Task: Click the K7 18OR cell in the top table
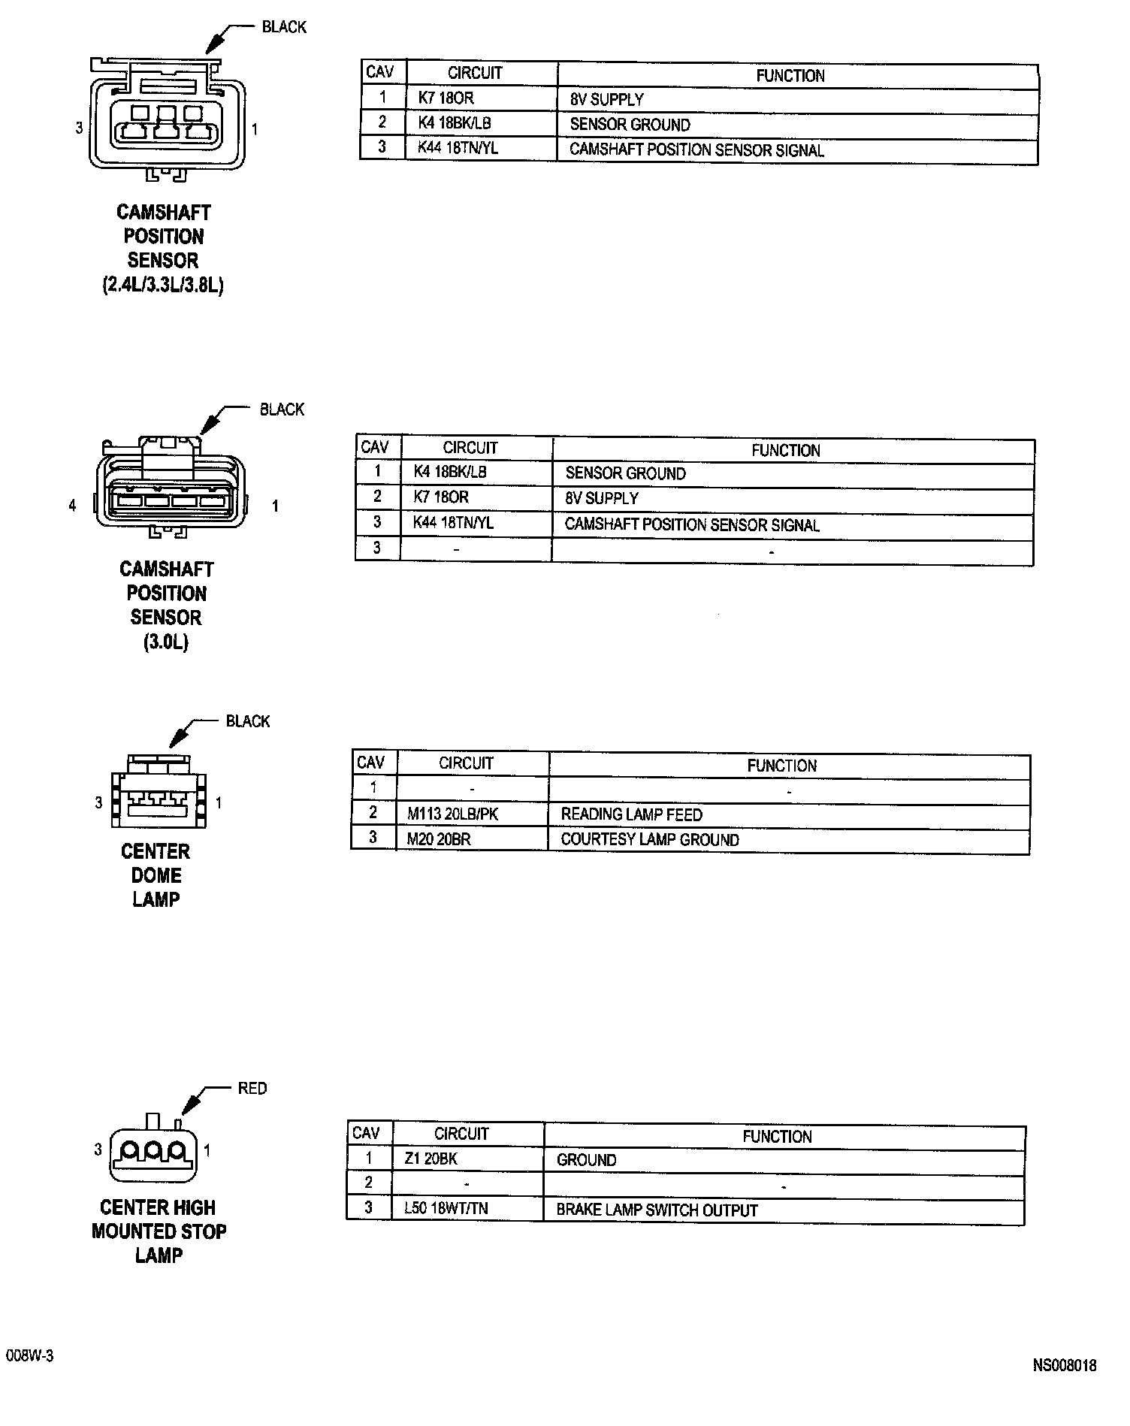coord(446,98)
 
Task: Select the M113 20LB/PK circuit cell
coord(452,814)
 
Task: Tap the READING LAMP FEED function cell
coord(631,814)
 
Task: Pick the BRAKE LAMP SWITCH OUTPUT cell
coord(657,1210)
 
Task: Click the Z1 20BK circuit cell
coord(431,1159)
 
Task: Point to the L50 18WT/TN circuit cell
coord(446,1208)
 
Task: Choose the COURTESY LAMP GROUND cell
coord(650,840)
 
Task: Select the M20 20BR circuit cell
coord(439,839)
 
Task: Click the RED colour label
coord(252,1089)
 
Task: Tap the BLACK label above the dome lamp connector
coord(248,721)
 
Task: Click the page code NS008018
coord(1064,1365)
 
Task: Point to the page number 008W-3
coord(29,1355)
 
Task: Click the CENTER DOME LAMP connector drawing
coord(159,792)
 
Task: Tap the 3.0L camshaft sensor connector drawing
coord(171,489)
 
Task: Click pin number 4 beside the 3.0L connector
coord(72,506)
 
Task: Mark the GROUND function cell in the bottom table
coord(586,1161)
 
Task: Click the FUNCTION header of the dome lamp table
coord(781,766)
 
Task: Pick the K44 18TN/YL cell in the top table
coord(458,148)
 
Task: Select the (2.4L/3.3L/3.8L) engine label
coord(163,286)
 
